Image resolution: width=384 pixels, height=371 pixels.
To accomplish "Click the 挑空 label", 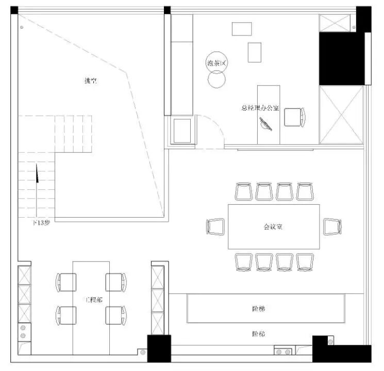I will pyautogui.click(x=90, y=81).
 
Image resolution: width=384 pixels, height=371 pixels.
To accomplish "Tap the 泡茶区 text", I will pyautogui.click(x=216, y=63).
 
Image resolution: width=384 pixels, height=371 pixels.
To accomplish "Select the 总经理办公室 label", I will pyautogui.click(x=260, y=108).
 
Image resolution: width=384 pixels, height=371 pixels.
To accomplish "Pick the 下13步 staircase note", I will pyautogui.click(x=41, y=223).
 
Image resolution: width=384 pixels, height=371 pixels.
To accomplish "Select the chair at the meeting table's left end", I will pyautogui.click(x=215, y=226).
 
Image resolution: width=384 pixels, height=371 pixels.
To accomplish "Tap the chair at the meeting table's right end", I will pyautogui.click(x=332, y=226).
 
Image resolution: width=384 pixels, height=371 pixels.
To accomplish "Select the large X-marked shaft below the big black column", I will pyautogui.click(x=341, y=115).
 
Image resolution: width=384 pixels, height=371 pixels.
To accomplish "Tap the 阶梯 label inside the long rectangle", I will pyautogui.click(x=259, y=309).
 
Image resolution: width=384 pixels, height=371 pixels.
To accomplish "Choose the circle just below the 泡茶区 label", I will pyautogui.click(x=216, y=79).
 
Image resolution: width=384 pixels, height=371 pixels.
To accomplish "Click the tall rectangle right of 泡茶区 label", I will pyautogui.click(x=255, y=52).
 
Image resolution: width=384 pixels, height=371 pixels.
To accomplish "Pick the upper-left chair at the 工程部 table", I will pyautogui.click(x=66, y=282).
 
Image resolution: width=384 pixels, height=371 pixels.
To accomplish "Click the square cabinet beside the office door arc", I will pyautogui.click(x=183, y=131).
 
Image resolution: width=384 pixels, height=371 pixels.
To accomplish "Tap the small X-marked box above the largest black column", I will pyautogui.click(x=335, y=23).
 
